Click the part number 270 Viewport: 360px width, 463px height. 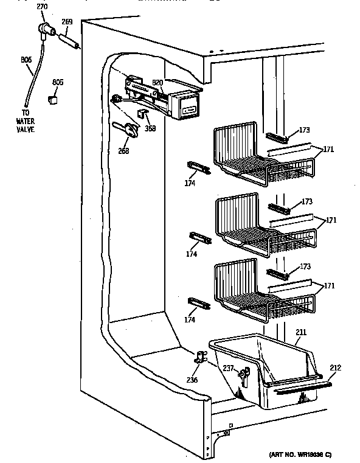tap(41, 7)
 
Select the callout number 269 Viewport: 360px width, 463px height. tap(67, 22)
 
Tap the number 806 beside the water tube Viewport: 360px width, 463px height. tap(26, 60)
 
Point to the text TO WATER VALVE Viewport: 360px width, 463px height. tap(26, 121)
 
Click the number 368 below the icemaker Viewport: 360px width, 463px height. tap(150, 128)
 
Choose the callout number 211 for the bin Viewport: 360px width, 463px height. tap(301, 332)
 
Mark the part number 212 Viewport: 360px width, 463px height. tap(336, 367)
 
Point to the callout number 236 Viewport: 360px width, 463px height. tap(192, 381)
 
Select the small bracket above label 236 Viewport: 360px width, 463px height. tap(198, 360)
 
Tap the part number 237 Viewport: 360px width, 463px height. tap(227, 367)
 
